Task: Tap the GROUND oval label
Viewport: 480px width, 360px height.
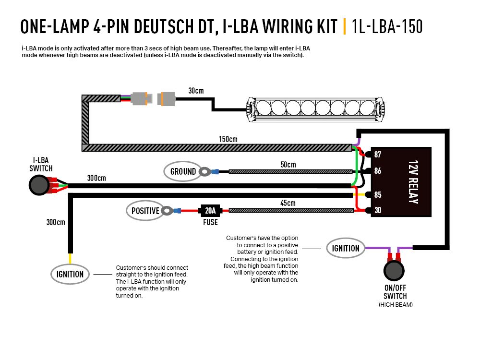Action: click(183, 171)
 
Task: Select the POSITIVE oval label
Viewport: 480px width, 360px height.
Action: click(145, 210)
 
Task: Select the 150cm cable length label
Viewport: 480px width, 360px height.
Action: click(228, 139)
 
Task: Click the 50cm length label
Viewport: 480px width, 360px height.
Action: click(288, 164)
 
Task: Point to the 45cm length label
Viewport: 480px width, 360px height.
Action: click(288, 203)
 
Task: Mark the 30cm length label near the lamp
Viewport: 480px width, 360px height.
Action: click(196, 91)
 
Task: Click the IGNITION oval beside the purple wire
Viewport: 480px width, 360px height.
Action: click(346, 248)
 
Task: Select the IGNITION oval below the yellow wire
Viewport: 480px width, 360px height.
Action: click(70, 274)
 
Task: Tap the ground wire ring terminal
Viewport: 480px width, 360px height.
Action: click(206, 171)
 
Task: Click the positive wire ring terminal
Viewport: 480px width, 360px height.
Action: click(167, 210)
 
